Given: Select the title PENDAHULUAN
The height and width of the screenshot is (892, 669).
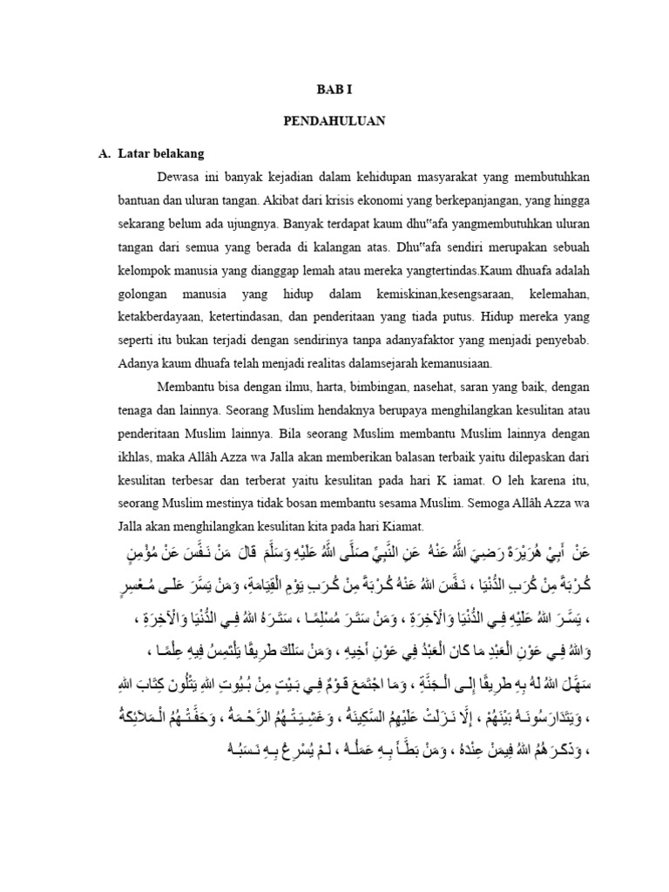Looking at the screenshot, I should [x=334, y=122].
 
